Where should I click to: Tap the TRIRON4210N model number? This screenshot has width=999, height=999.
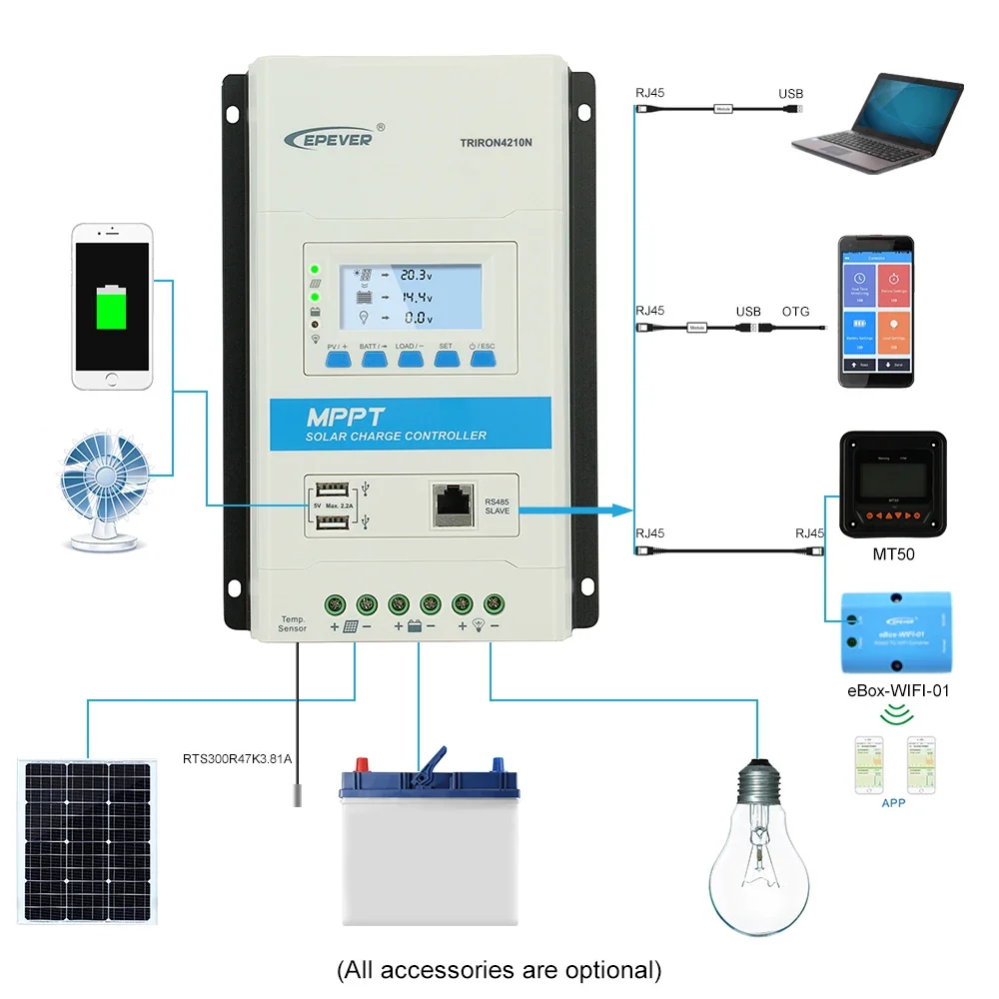498,142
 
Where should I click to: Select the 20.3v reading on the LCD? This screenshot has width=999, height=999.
415,273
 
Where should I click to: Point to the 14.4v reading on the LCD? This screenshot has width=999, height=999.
415,297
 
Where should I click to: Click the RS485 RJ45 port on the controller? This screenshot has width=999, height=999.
453,501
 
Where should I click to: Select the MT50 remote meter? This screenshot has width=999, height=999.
891,485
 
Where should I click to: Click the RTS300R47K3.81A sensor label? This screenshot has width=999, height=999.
237,758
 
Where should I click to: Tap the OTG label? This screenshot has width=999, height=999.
796,312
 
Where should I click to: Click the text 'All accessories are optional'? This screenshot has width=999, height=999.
499,968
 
